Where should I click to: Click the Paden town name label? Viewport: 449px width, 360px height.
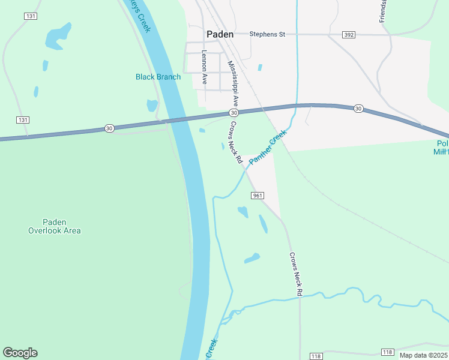pyautogui.click(x=220, y=34)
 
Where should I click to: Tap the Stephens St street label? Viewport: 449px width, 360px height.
pyautogui.click(x=267, y=34)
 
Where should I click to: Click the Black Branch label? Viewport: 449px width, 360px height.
pyautogui.click(x=158, y=77)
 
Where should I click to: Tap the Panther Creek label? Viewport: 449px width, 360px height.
pyautogui.click(x=268, y=147)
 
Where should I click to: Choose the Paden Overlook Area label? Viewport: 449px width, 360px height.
pyautogui.click(x=54, y=226)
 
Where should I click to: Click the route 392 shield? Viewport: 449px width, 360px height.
pyautogui.click(x=349, y=35)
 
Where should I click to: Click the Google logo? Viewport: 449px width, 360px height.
pyautogui.click(x=20, y=353)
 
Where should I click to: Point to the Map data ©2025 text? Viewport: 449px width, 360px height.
pyautogui.click(x=423, y=355)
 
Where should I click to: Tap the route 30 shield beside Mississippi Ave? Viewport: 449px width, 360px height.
pyautogui.click(x=234, y=113)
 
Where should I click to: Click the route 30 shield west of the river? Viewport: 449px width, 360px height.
pyautogui.click(x=109, y=128)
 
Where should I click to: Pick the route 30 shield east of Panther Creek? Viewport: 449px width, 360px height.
pyautogui.click(x=358, y=108)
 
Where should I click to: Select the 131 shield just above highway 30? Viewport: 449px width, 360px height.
pyautogui.click(x=23, y=120)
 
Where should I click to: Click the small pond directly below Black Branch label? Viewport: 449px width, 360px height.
pyautogui.click(x=152, y=106)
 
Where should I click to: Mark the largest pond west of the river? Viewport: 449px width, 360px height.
pyautogui.click(x=58, y=35)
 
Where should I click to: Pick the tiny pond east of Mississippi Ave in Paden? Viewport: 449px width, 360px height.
pyautogui.click(x=259, y=67)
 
